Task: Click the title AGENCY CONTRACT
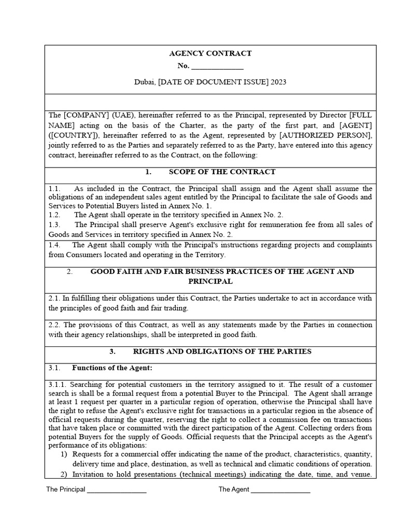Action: click(x=210, y=53)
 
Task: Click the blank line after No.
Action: click(x=217, y=67)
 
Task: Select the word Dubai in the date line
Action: click(x=145, y=82)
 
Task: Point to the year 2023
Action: click(x=278, y=82)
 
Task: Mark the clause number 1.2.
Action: click(x=54, y=215)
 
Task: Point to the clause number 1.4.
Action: click(x=54, y=245)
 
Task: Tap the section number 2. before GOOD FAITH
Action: click(x=70, y=271)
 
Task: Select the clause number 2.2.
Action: click(x=54, y=325)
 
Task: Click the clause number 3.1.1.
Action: click(x=58, y=385)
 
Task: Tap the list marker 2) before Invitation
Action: click(x=64, y=474)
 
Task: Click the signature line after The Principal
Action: click(x=117, y=490)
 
